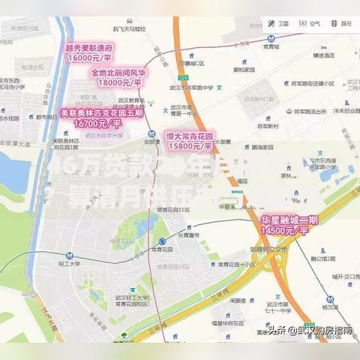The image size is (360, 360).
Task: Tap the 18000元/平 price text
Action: [118, 82]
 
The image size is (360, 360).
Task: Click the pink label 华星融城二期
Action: [289, 220]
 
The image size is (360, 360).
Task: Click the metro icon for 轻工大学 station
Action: [70, 256]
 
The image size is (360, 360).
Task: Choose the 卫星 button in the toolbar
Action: [278, 23]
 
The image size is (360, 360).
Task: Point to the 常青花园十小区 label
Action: [234, 274]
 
